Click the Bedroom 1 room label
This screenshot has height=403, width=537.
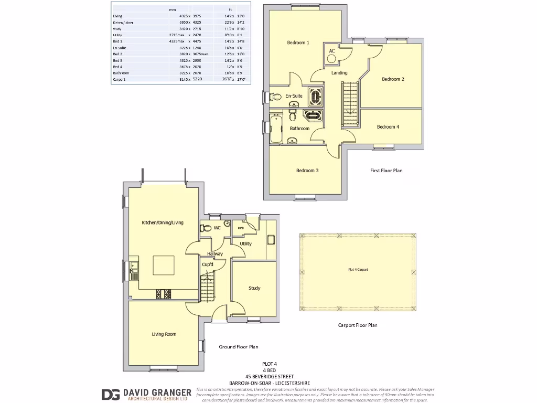(298, 43)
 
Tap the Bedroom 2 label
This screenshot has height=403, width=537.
(393, 79)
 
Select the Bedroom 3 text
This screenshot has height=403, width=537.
(307, 171)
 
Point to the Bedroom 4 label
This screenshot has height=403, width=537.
(388, 126)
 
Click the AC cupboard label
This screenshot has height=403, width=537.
(332, 51)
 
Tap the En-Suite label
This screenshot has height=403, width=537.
(294, 96)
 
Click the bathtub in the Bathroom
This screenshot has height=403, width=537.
(276, 129)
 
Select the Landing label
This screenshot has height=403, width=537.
(339, 72)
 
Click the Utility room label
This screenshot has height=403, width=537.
(245, 243)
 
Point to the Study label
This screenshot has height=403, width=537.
(254, 288)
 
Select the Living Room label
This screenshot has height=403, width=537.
(164, 334)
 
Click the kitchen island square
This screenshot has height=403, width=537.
(164, 266)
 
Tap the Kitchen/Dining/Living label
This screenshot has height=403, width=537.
(163, 222)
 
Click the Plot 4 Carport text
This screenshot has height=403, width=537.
(358, 269)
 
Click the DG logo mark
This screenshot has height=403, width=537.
(110, 394)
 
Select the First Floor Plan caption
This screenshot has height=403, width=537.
(386, 171)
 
